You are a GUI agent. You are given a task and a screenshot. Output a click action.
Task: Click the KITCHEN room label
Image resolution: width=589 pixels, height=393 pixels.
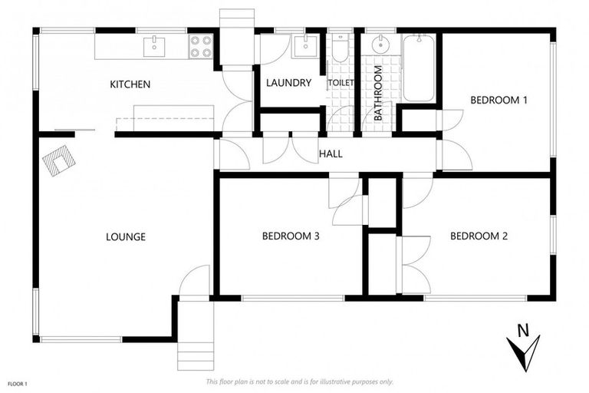pos(130,84)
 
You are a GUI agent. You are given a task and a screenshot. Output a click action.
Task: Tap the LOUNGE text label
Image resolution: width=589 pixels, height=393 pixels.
pos(126,236)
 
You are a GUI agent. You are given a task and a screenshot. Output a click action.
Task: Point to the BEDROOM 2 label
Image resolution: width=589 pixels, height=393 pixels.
pos(479,236)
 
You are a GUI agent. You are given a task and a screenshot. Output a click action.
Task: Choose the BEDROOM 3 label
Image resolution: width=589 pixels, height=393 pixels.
pos(291,236)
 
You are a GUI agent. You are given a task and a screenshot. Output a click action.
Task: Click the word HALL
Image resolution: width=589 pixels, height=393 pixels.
pos(331,154)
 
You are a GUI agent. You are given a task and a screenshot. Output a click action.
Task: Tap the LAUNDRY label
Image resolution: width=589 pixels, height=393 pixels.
pos(288,83)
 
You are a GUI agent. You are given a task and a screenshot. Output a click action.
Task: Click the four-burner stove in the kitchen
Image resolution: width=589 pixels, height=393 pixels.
pos(200,47)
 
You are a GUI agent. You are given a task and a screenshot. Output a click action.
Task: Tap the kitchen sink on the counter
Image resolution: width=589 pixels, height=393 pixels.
pos(154,45)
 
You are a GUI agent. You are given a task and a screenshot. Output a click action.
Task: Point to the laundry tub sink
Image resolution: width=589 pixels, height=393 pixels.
pos(304,46)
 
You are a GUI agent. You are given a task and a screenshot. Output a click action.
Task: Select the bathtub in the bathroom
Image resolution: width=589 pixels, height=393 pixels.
pos(419,69)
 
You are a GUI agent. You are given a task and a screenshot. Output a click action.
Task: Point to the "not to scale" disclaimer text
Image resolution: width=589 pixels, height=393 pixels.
pos(299,381)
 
